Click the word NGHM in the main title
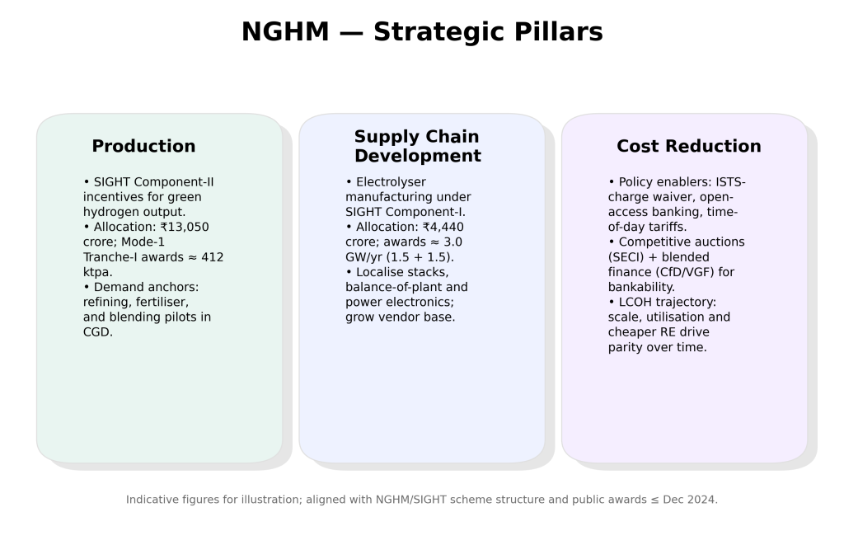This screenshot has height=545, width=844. (x=285, y=32)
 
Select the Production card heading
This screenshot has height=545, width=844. (x=143, y=146)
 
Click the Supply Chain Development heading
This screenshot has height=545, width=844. (x=417, y=146)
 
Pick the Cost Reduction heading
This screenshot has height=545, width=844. (x=689, y=146)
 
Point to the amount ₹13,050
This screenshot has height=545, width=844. (x=184, y=228)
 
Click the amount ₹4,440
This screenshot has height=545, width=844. (x=443, y=228)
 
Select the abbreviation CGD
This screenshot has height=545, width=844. (x=97, y=332)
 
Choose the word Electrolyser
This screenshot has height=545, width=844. (x=391, y=182)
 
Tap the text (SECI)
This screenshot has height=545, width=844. (x=626, y=257)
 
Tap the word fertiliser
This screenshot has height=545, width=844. (x=162, y=302)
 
